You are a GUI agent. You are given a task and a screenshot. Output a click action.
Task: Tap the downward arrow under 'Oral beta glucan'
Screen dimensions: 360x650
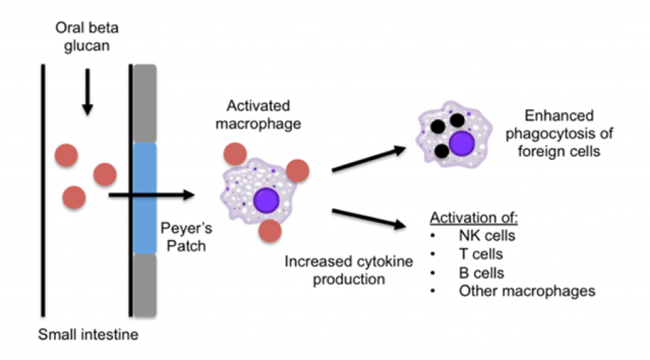click(x=88, y=91)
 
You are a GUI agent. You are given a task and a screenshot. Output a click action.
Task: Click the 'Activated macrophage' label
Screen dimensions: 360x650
click(x=258, y=114)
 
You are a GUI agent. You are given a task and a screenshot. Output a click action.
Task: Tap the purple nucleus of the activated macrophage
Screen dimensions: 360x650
click(x=267, y=200)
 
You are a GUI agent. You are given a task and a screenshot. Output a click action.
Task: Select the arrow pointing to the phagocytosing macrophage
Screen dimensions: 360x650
click(x=369, y=159)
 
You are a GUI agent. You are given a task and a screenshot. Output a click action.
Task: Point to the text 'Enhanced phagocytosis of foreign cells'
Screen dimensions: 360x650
click(x=559, y=133)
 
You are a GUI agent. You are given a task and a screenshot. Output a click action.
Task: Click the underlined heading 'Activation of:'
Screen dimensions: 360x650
click(x=474, y=218)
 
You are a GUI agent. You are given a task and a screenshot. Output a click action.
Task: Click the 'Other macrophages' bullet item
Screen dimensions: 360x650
click(x=526, y=291)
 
